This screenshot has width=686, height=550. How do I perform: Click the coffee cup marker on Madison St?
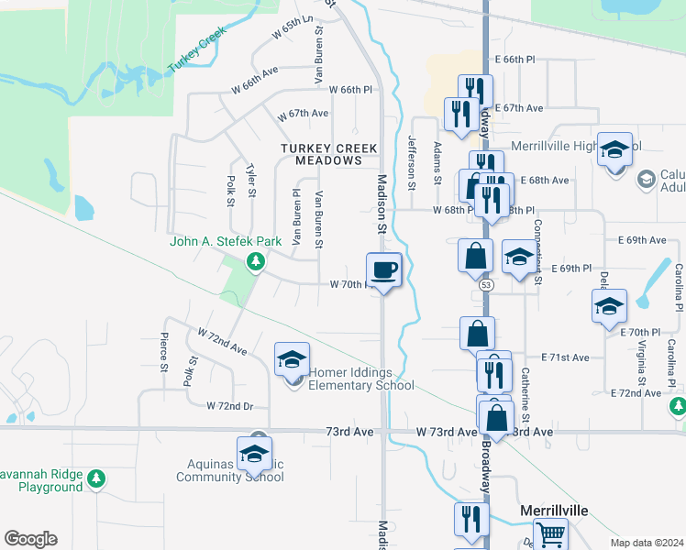384,269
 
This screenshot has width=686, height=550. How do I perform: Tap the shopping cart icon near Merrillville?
550,533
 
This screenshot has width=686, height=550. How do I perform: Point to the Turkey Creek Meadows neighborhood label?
321,154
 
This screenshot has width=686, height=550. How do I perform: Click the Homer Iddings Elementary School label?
361,379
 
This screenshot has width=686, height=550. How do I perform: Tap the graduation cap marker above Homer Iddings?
292,358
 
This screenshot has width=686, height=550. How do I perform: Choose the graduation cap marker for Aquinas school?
255,453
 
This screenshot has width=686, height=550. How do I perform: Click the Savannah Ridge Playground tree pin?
95,478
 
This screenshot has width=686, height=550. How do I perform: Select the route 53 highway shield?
485,286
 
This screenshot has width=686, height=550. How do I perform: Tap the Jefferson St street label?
412,162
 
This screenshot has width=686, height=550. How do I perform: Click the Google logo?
30,539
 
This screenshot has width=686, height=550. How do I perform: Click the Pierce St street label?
165,352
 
